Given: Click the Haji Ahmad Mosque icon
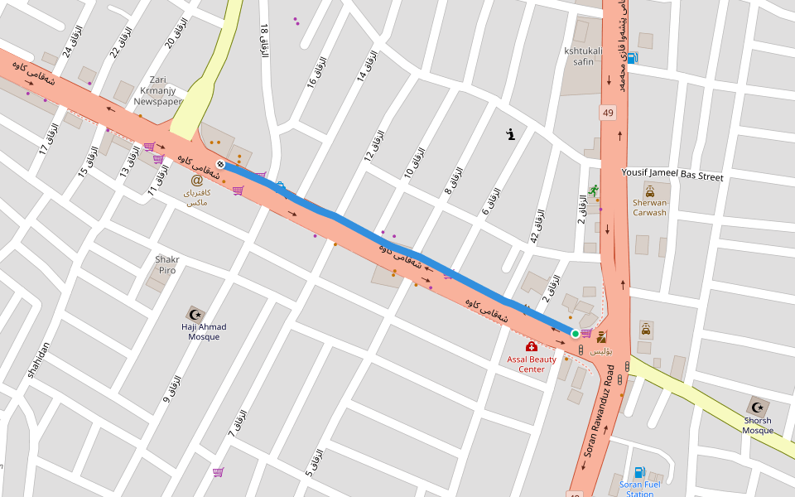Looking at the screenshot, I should (196, 314).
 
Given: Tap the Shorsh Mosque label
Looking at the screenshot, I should (757, 425).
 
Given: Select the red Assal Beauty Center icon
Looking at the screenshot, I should (531, 346).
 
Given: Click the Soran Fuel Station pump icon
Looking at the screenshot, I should (639, 472).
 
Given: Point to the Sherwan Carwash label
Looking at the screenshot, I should (649, 207).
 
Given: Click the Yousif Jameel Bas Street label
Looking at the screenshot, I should (672, 176).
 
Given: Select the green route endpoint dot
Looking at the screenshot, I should (575, 334).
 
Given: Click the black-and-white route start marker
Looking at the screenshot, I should (220, 164).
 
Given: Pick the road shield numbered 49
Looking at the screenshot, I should (609, 113).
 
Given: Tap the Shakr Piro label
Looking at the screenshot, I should (166, 264).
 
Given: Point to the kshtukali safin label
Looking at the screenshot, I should (583, 55).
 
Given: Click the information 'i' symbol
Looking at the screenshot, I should (511, 133).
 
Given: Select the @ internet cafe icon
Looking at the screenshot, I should (196, 180).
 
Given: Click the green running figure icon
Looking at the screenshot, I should (593, 191).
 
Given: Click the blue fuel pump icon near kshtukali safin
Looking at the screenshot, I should (632, 57).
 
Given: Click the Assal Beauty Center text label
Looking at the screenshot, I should (532, 364).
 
